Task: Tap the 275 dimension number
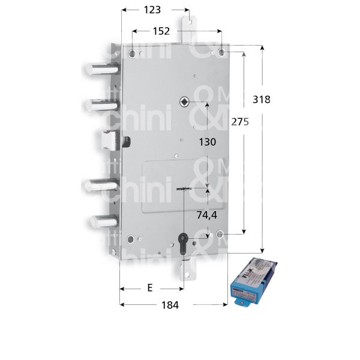click(x=238, y=121)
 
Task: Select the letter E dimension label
click(x=149, y=287)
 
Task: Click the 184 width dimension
click(x=170, y=305)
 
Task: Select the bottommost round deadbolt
click(x=98, y=221)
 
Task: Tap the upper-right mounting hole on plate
click(x=221, y=53)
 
